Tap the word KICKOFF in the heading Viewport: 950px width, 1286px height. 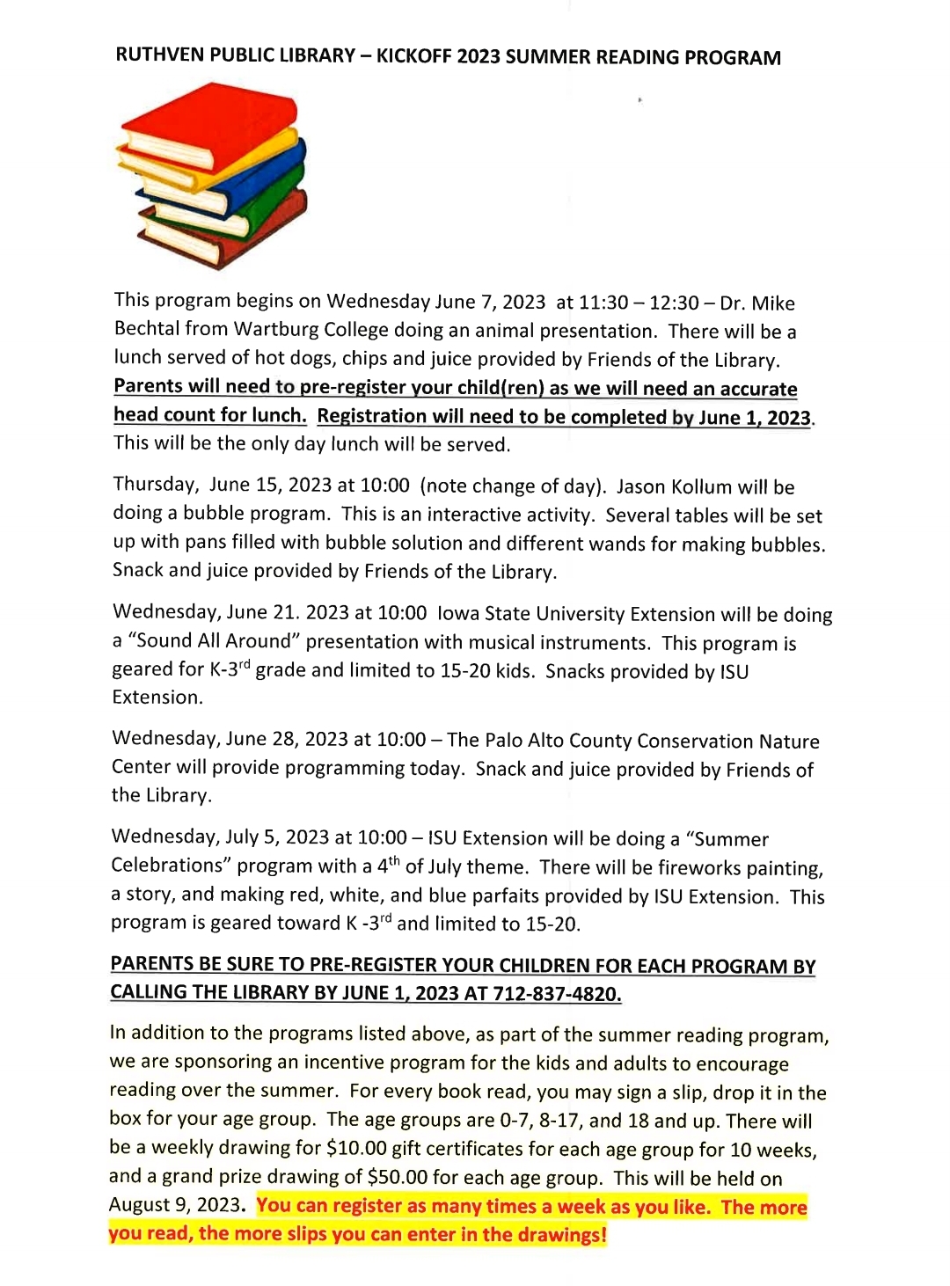[413, 57]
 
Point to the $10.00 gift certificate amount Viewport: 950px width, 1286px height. [356, 1149]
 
